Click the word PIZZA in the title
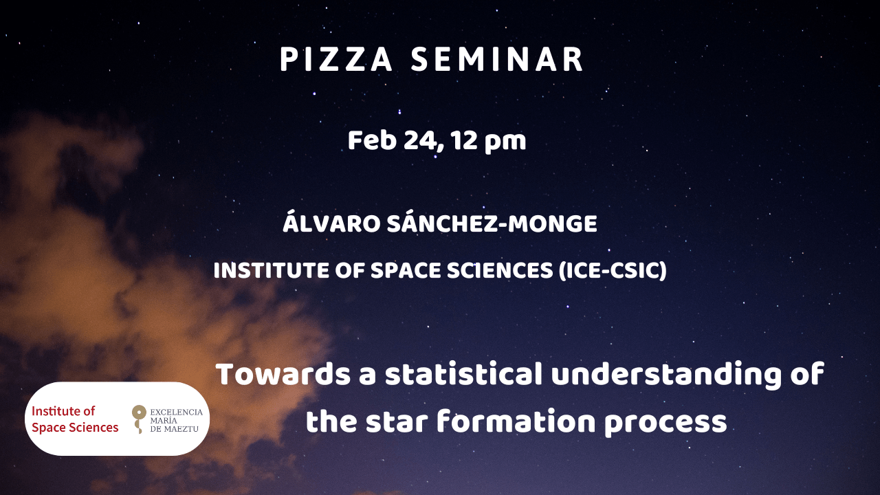pyautogui.click(x=336, y=59)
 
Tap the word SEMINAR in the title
pyautogui.click(x=497, y=59)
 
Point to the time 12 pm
pyautogui.click(x=488, y=142)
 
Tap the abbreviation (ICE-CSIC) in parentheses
pyautogui.click(x=613, y=271)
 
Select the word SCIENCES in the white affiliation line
pyautogui.click(x=500, y=270)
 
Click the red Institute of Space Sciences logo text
pyautogui.click(x=75, y=419)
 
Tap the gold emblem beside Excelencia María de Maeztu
pyautogui.click(x=139, y=419)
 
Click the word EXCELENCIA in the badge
pyautogui.click(x=177, y=412)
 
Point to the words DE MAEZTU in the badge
pyautogui.click(x=174, y=428)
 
